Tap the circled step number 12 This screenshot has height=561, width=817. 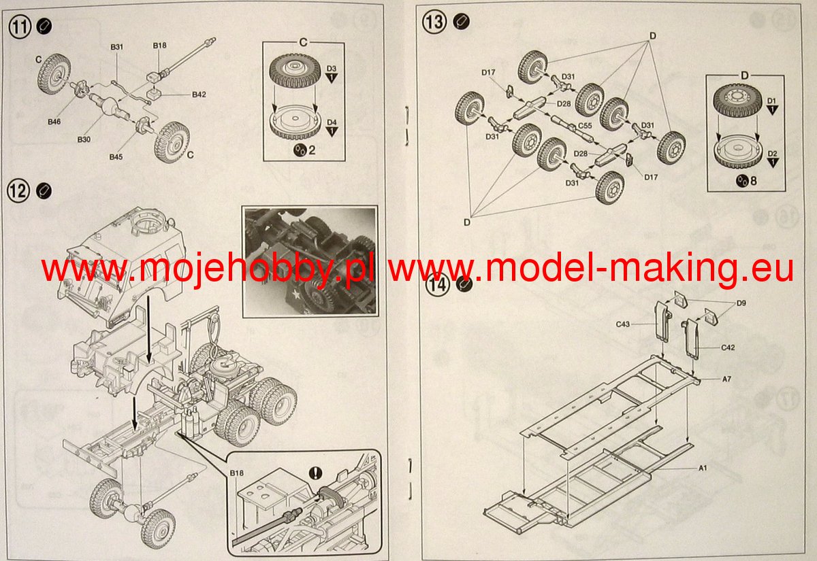pos(18,191)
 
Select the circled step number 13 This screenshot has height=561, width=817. pos(434,22)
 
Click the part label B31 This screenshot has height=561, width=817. pos(116,47)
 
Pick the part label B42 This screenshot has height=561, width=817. pos(199,95)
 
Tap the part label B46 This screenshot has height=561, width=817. pos(54,122)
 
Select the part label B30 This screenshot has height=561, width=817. pos(84,139)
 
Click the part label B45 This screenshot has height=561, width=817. pos(116,157)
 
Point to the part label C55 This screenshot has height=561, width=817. pos(585,126)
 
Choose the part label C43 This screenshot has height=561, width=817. pos(622,324)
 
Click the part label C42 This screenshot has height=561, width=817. pos(728,347)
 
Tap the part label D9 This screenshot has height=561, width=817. pos(741,303)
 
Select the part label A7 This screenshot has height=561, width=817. pos(726,379)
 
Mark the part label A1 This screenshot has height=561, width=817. pos(703,468)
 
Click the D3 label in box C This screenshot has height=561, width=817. pos(331,69)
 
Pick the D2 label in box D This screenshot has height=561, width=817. pos(772,154)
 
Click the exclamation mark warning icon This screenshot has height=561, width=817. pos(315,473)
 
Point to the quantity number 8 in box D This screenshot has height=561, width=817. pos(754,181)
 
